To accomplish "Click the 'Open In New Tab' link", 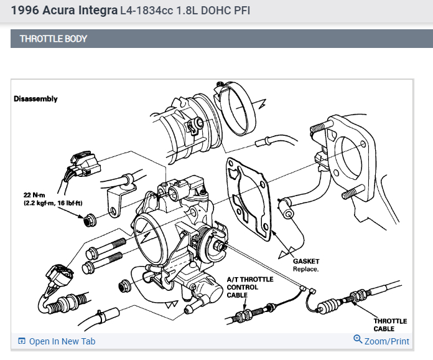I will [x=62, y=341].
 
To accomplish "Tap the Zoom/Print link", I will [x=386, y=341].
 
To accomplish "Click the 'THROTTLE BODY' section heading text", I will [x=54, y=39].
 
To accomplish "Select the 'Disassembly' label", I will [x=35, y=99].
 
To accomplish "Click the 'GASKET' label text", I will [x=306, y=261].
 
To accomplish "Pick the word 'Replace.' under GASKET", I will [x=306, y=269].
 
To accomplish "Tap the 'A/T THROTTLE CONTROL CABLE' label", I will [x=250, y=288].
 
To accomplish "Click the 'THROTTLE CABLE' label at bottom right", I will [x=389, y=324].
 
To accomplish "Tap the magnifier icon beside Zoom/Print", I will [x=358, y=340].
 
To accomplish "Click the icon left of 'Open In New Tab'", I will [x=22, y=341].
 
